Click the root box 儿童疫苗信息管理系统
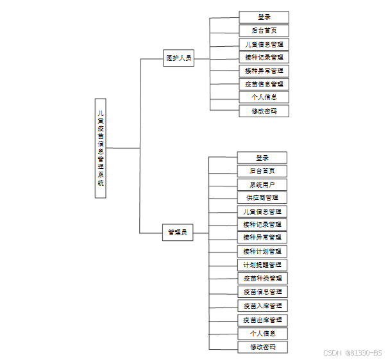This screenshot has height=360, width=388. pos(101,148)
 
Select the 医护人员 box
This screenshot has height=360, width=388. pos(178,58)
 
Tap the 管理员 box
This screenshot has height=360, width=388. pos(178,232)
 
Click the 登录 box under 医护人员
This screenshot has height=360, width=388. pos(264,17)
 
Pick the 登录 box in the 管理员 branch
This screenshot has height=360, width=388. pos(262,158)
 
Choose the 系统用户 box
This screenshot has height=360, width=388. pos(262,184)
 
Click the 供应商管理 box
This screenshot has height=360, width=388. pos(262,198)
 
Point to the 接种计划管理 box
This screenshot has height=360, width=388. pos(262,251)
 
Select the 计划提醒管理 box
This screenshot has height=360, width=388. pos(262,265)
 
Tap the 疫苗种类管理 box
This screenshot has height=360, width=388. pos(262,278)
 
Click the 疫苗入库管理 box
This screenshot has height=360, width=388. pos(262,306)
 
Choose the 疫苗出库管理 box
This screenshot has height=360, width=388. pos(262,320)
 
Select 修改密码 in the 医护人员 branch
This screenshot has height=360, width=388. pos(264,111)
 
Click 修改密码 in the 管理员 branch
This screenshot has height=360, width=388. pos(262,347)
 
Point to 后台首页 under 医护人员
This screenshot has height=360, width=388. pos(264,31)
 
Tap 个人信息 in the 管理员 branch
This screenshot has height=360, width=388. pos(262,333)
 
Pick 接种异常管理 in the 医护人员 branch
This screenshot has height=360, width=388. pos(264,70)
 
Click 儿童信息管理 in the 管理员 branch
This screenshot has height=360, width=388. pos(262,211)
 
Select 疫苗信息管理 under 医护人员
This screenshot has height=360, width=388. pos(264,84)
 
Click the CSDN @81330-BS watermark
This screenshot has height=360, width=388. pos(352,352)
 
